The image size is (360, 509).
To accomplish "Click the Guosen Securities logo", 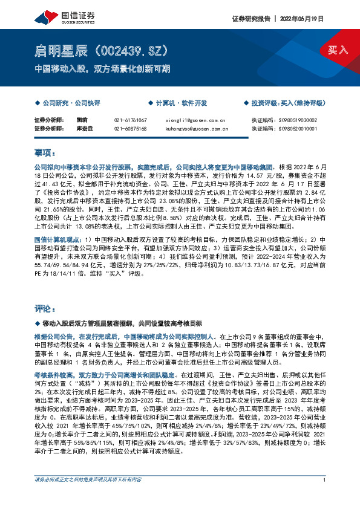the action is coord(57,18).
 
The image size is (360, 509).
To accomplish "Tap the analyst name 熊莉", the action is coord(82,120).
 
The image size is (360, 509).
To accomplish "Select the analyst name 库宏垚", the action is coord(83,128).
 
